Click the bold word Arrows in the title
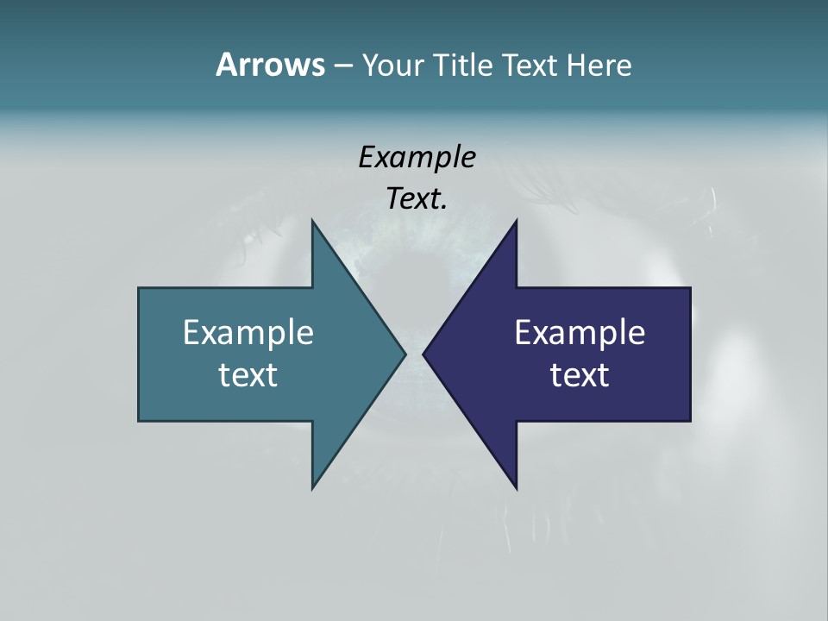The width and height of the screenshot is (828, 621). point(269,65)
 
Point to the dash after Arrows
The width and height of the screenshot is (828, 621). point(342,66)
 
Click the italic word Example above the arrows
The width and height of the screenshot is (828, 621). point(417,157)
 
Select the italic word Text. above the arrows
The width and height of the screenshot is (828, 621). point(417,198)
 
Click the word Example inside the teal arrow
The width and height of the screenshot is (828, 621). point(248,332)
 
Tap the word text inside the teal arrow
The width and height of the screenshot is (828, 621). point(248,374)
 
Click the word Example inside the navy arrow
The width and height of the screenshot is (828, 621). point(580,332)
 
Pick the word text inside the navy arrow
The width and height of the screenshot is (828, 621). point(580,374)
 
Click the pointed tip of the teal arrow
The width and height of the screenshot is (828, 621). point(405,354)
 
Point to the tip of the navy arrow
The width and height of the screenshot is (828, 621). point(423,354)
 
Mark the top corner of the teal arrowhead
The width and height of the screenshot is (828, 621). point(312,221)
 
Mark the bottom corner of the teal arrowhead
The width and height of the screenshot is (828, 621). point(312,488)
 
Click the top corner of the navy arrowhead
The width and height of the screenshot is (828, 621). point(516,221)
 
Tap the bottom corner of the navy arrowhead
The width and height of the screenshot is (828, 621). point(516,488)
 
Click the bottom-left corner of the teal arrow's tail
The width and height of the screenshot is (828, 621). point(139,421)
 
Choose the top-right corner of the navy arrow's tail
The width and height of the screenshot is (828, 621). point(690,288)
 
